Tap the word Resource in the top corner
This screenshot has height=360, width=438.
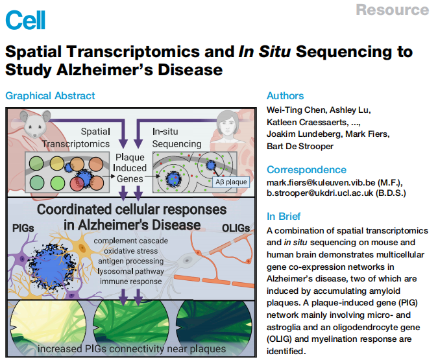tap(392, 10)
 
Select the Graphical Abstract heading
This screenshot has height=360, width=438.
tap(50, 96)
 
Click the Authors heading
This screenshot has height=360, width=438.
tap(285, 96)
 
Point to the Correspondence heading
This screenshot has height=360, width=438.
tap(306, 170)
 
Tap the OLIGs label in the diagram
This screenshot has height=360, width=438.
tap(230, 229)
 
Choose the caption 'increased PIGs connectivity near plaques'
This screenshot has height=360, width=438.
tap(132, 349)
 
